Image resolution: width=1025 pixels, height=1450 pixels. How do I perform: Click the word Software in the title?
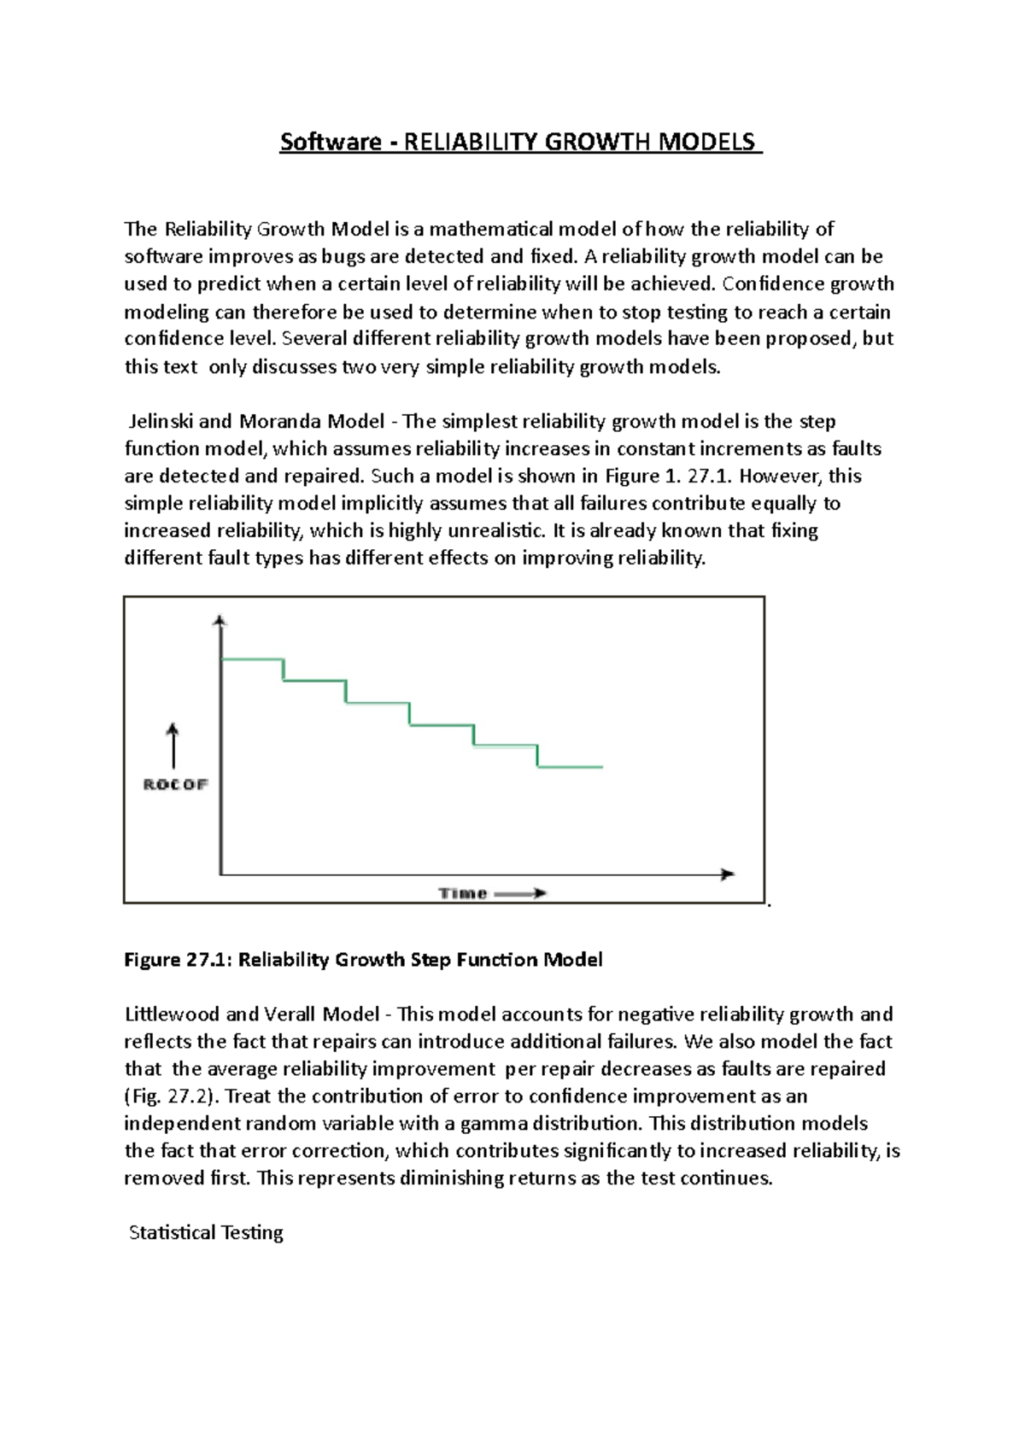point(331,142)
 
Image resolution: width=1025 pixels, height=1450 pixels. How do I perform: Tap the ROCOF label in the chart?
point(175,785)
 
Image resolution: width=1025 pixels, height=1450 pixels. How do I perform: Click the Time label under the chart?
point(463,893)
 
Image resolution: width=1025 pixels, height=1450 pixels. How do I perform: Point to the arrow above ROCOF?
point(173,745)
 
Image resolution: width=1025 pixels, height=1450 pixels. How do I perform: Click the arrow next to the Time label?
point(520,893)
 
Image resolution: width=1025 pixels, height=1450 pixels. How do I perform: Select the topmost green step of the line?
point(252,659)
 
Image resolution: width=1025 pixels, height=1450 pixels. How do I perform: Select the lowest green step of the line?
point(570,767)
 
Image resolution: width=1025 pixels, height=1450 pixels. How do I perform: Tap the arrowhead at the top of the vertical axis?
point(220,621)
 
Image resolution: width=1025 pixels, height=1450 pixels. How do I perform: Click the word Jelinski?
point(161,421)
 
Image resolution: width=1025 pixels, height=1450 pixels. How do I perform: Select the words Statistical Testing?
point(206,1233)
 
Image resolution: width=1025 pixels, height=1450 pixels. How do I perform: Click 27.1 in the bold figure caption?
point(208,960)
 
